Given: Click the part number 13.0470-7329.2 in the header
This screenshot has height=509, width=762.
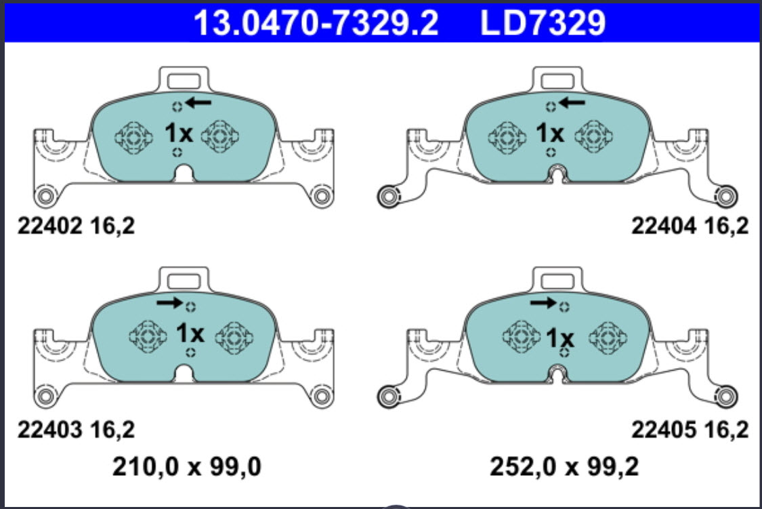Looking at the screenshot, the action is tap(316, 22).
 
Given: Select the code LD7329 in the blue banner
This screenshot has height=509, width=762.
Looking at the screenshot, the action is tap(543, 22).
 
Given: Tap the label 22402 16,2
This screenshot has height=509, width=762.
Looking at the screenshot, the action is tap(76, 226).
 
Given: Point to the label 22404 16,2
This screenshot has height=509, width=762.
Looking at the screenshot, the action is tap(690, 226).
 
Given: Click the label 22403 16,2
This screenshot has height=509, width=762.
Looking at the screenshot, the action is tap(76, 430).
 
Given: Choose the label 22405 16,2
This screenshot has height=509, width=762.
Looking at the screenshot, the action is tap(690, 430).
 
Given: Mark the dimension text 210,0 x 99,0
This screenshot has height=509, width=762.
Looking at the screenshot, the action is tap(187, 467).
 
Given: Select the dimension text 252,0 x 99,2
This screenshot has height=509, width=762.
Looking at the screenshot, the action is tap(564, 467).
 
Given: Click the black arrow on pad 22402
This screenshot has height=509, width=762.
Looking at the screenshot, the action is tap(198, 102).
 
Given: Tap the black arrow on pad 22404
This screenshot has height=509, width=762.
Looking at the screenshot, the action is tap(572, 102).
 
